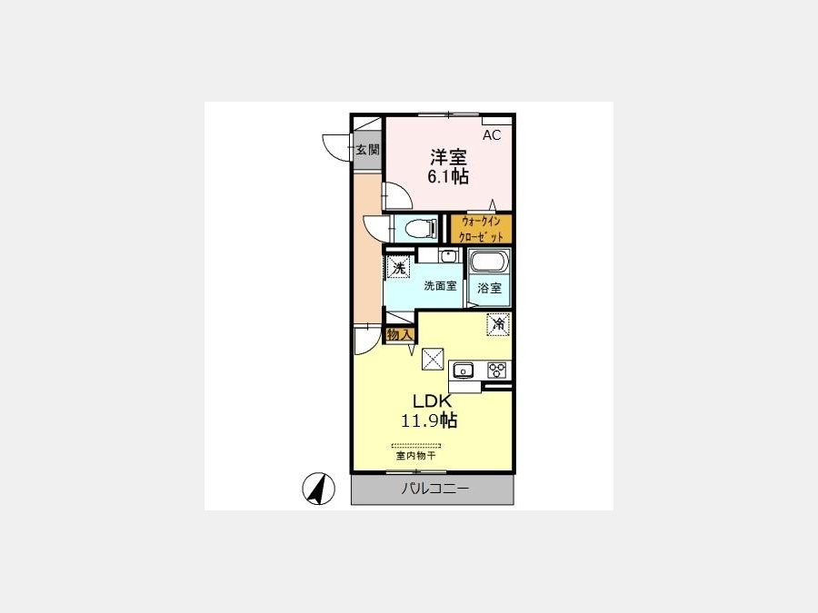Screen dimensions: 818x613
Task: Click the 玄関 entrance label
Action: [x=367, y=150]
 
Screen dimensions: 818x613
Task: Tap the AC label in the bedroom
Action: [x=492, y=135]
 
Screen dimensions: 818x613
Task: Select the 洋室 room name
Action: [x=448, y=157]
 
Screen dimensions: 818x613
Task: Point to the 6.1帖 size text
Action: [x=448, y=177]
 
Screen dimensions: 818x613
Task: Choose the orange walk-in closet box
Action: [x=481, y=229]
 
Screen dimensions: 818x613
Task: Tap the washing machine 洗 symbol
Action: [x=399, y=269]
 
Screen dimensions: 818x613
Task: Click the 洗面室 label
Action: [x=440, y=286]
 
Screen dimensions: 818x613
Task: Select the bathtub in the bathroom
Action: [x=489, y=262]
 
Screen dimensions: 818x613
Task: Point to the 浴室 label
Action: [x=489, y=288]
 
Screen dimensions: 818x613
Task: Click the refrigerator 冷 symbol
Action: [x=498, y=324]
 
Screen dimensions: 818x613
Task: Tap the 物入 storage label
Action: [x=400, y=334]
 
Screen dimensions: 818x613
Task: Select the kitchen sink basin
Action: [x=463, y=371]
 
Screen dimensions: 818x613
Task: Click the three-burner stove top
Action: [x=496, y=371]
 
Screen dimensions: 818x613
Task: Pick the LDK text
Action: [x=432, y=401]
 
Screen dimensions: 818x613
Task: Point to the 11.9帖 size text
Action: [x=429, y=420]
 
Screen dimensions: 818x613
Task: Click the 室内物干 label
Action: [x=415, y=456]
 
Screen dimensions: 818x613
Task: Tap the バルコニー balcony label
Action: [x=434, y=489]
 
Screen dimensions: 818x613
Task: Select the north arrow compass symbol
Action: [x=319, y=489]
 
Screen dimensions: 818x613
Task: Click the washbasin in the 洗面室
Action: [x=447, y=256]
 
